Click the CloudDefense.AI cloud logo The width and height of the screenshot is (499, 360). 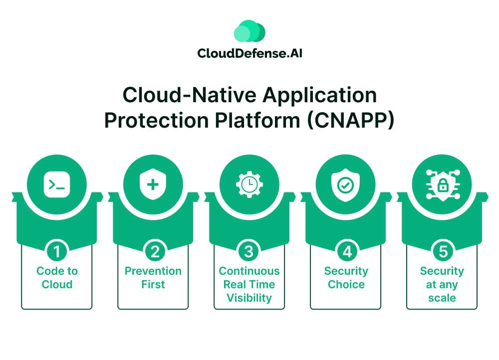pos(249,31)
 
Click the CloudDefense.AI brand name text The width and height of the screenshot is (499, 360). pos(249,53)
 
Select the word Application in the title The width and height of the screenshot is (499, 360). pos(319,95)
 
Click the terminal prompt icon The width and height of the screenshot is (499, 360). pos(57,184)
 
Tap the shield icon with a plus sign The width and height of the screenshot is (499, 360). pos(153,184)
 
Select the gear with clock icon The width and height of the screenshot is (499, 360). pos(249,184)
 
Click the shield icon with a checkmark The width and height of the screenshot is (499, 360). pos(345,184)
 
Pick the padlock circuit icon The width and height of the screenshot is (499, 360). pos(442,184)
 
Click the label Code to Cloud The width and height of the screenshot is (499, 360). pos(57,278)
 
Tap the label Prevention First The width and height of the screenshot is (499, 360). pos(153,278)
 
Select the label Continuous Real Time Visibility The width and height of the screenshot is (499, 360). pos(249,284)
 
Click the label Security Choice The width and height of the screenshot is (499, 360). pos(346,278)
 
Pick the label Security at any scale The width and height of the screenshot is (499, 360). pos(442,284)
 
